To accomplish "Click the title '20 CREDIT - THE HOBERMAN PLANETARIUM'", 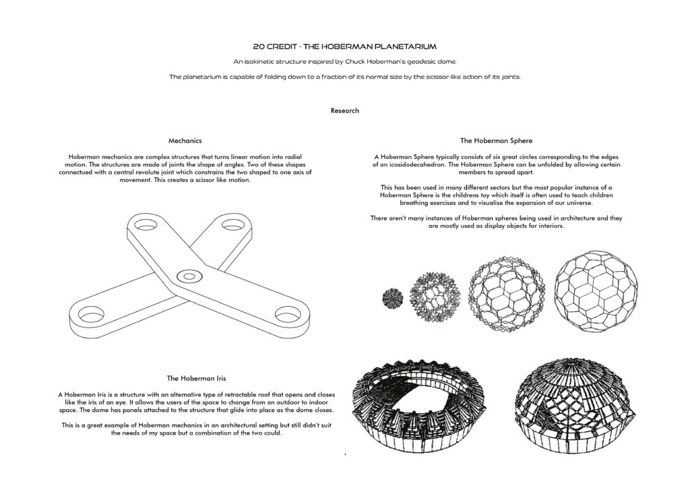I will pyautogui.click(x=344, y=47).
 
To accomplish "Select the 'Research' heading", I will pyautogui.click(x=344, y=111).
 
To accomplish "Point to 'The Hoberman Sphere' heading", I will pyautogui.click(x=497, y=141).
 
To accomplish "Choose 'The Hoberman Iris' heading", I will pyautogui.click(x=195, y=378).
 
